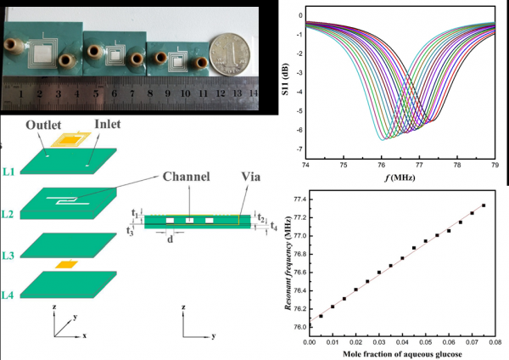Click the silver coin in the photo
[230, 54]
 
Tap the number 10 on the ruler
[185, 93]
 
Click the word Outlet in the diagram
[43, 125]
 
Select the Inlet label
[108, 124]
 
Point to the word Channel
[186, 177]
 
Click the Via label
[250, 177]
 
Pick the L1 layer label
[8, 172]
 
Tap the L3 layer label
[8, 256]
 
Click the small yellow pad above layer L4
[66, 264]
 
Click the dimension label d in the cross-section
[170, 239]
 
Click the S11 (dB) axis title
[285, 79]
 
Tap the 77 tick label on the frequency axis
[419, 165]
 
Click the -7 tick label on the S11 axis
[299, 149]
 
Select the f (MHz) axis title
[400, 177]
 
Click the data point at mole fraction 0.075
[484, 205]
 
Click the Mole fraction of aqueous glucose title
[402, 354]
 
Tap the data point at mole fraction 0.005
[321, 316]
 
